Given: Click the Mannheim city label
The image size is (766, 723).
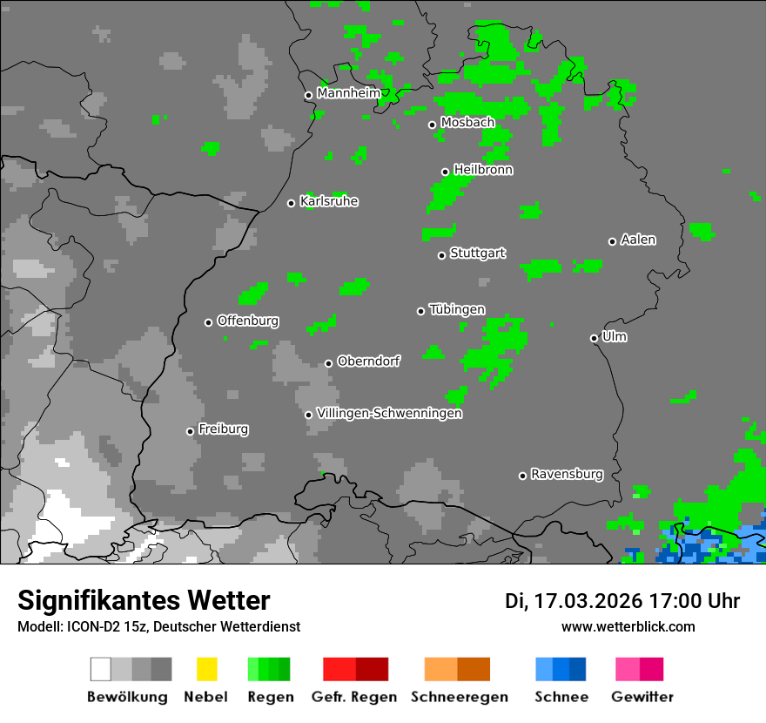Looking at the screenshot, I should click(x=349, y=93).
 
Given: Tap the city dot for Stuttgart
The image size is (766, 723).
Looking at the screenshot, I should click(x=441, y=255).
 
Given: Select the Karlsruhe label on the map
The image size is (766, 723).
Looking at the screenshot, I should click(x=329, y=201).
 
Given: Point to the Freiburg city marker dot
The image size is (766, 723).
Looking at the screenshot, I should click(x=190, y=431).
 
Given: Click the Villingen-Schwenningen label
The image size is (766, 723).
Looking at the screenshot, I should click(x=389, y=413).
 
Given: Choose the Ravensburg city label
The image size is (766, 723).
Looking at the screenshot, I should click(x=567, y=474).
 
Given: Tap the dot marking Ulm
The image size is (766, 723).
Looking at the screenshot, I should click(x=594, y=338).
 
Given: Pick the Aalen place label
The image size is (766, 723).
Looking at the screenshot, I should click(x=638, y=240).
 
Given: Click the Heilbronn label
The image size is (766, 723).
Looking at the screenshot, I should click(x=483, y=170).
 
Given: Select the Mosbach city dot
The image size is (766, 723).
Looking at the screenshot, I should click(x=432, y=125).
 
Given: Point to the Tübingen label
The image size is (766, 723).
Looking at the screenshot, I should click(x=457, y=309).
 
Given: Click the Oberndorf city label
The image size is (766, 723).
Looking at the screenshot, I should click(x=369, y=361).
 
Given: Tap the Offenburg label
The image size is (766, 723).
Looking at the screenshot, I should click(x=248, y=321).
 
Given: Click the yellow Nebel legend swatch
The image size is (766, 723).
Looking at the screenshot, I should click(x=206, y=669).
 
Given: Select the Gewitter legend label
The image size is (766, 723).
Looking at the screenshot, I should click(x=642, y=697).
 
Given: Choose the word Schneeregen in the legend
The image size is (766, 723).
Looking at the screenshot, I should click(x=459, y=697).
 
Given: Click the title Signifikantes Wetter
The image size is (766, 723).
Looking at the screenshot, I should click(x=144, y=600).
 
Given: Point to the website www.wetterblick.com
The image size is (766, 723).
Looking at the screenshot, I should click(x=628, y=626).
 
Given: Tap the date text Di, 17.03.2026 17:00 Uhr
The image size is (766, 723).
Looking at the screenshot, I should click(x=622, y=601).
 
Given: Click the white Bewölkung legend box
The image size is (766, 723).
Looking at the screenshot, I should click(x=101, y=669).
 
